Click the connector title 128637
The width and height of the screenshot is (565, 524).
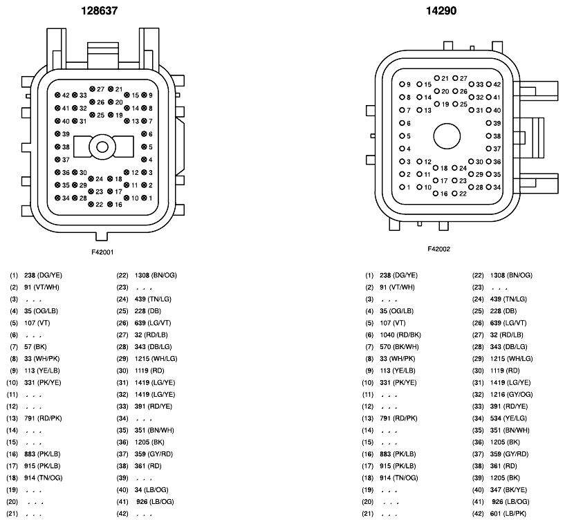[x=99, y=11]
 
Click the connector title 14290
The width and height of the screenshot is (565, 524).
[x=441, y=11]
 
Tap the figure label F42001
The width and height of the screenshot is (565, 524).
[x=102, y=252]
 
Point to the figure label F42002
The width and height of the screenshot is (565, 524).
[x=438, y=249]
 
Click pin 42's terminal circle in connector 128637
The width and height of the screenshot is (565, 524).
[x=57, y=95]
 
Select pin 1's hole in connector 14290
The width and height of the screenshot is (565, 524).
[x=402, y=187]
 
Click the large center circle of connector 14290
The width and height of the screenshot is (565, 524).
[x=447, y=136]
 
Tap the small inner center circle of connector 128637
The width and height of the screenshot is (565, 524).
[x=102, y=147]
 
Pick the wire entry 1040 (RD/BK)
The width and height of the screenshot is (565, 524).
[x=400, y=335]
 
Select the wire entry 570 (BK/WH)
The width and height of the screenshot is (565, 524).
[x=399, y=347]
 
